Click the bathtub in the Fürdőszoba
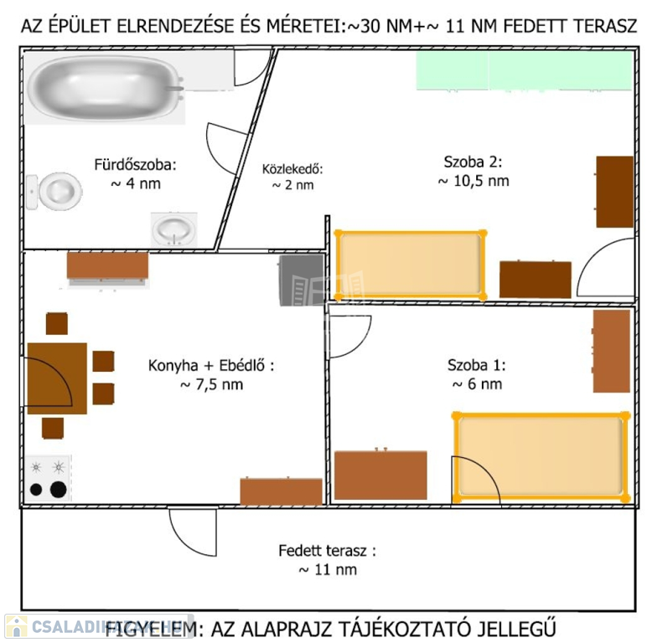(x=106, y=88)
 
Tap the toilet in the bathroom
(x=54, y=192)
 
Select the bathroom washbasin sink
(x=173, y=229)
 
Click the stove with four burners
(x=48, y=478)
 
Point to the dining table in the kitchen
(x=57, y=378)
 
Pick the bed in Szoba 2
(x=411, y=265)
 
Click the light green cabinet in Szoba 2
(x=524, y=70)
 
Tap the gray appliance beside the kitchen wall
(x=301, y=280)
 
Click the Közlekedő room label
(x=293, y=169)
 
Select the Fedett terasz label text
(x=327, y=551)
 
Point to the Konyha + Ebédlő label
(x=211, y=366)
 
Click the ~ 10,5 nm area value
(x=474, y=181)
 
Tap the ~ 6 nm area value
(x=477, y=383)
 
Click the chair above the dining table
(x=57, y=323)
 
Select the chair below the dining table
(x=53, y=428)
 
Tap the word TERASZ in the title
(x=605, y=27)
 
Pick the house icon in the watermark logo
(x=16, y=627)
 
